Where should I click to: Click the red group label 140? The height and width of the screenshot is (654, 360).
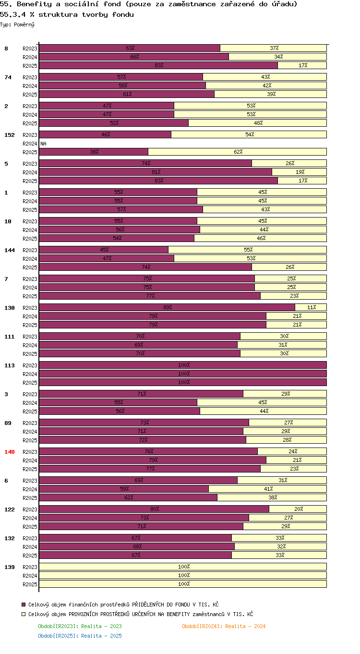pyautogui.click(x=9, y=452)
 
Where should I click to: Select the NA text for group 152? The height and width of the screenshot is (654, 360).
pyautogui.click(x=43, y=144)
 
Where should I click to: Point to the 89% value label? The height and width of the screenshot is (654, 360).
pyautogui.click(x=168, y=307)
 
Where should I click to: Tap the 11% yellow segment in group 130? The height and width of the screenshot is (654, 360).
pyautogui.click(x=311, y=307)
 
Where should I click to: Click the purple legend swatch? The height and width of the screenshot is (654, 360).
pyautogui.click(x=24, y=605)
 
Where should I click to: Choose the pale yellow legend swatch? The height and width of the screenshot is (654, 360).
pyautogui.click(x=24, y=614)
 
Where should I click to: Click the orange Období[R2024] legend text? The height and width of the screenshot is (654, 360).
pyautogui.click(x=224, y=626)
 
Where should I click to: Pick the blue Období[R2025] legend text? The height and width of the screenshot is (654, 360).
pyautogui.click(x=80, y=636)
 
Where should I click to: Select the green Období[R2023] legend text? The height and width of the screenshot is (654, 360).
pyautogui.click(x=80, y=626)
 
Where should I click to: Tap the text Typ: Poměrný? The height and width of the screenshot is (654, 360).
pyautogui.click(x=17, y=24)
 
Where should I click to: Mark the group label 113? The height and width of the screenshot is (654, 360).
pyautogui.click(x=9, y=365)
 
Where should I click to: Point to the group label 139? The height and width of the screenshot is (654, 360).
pyautogui.click(x=9, y=567)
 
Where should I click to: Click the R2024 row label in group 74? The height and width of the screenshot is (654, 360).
pyautogui.click(x=30, y=86)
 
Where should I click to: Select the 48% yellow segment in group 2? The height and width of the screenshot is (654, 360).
pyautogui.click(x=257, y=123)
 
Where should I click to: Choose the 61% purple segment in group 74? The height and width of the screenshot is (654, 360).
pyautogui.click(x=127, y=94)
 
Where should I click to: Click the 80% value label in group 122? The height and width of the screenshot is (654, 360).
pyautogui.click(x=155, y=509)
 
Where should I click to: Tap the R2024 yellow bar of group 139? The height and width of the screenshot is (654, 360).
pyautogui.click(x=183, y=575)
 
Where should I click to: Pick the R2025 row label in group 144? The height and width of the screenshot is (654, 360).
pyautogui.click(x=30, y=267)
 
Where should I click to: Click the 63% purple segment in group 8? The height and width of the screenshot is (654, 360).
pyautogui.click(x=130, y=48)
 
